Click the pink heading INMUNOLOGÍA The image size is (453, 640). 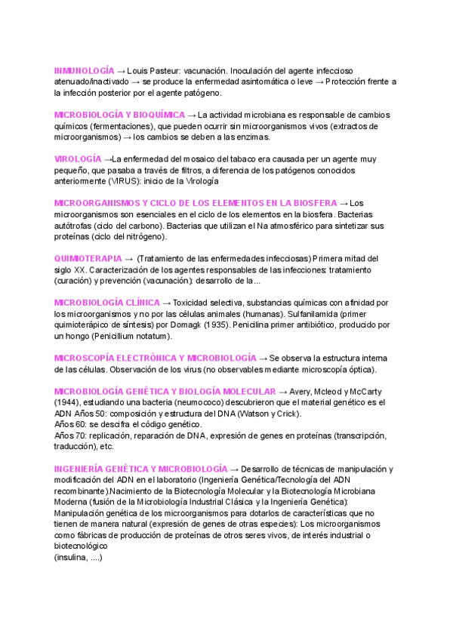coord(85,69)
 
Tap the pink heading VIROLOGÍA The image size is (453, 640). coord(78,159)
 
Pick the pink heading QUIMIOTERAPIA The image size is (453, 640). coord(88,258)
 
